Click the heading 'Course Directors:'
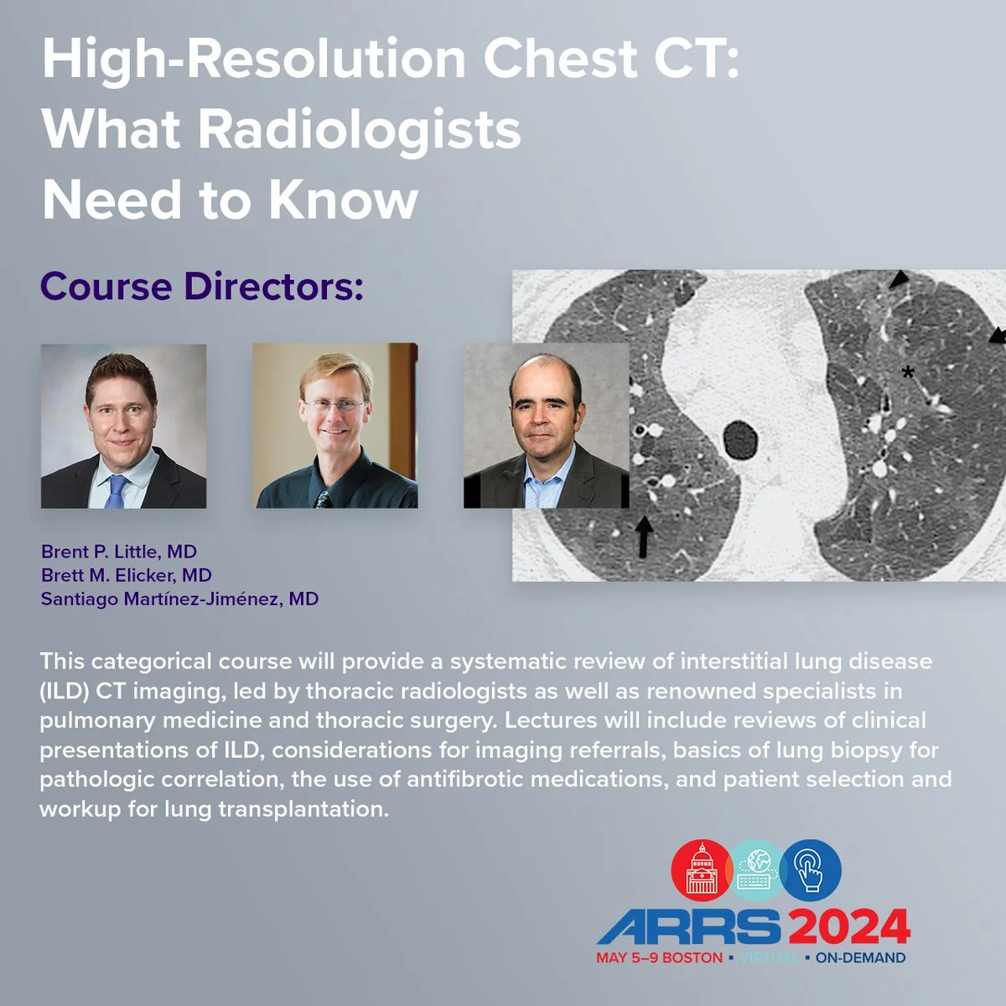coord(201,287)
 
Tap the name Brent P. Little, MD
coord(119,552)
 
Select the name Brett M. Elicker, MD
coord(126,575)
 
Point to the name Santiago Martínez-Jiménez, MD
coord(179,599)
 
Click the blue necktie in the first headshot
coord(116,490)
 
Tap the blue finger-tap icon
coord(810,870)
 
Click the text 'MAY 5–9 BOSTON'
coord(659,957)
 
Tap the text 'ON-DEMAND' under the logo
coord(860,957)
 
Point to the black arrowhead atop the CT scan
coord(898,279)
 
